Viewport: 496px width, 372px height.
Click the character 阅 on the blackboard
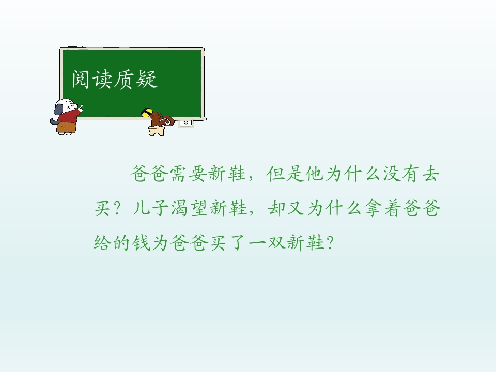coord(81,79)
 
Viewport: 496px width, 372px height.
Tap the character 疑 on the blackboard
coord(147,79)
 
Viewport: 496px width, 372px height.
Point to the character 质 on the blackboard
coord(125,79)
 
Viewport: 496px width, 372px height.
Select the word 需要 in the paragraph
coord(189,174)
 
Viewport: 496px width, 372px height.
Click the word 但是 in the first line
coord(285,174)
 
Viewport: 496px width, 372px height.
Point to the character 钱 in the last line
coord(141,243)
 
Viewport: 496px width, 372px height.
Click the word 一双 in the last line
coord(267,243)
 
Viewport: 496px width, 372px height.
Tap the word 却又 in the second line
coord(286,208)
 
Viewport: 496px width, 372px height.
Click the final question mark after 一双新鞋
coord(330,243)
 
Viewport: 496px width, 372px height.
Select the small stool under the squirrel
coord(157,131)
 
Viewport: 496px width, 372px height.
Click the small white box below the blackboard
coord(185,123)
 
